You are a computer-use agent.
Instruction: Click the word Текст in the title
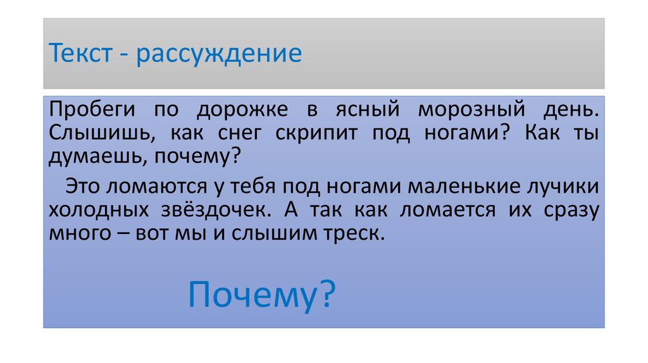click(x=80, y=53)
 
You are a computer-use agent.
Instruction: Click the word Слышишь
click(x=102, y=133)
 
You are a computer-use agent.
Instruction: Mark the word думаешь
click(x=96, y=157)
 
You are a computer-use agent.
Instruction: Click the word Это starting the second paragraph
click(x=83, y=187)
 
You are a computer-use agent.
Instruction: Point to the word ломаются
click(x=157, y=187)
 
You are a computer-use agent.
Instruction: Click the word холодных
click(x=99, y=210)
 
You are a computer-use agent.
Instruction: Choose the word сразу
click(x=571, y=211)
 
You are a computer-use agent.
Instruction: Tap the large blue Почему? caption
click(x=262, y=295)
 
